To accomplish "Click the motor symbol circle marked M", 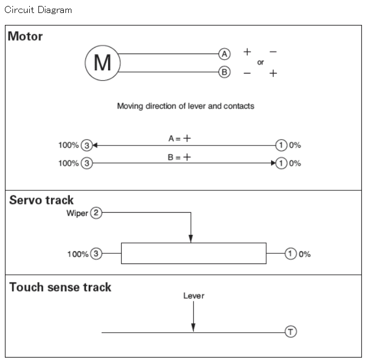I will click(x=102, y=63).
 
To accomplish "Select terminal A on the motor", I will click(x=223, y=54).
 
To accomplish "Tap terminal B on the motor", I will click(x=223, y=73).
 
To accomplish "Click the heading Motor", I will click(x=25, y=37).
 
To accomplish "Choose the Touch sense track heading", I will click(x=61, y=287).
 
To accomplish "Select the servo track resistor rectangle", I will click(x=193, y=253).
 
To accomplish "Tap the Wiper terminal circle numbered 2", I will click(x=96, y=213).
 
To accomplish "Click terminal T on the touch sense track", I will click(x=291, y=332).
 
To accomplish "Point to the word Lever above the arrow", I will click(x=194, y=296).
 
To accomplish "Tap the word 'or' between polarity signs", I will click(x=260, y=62).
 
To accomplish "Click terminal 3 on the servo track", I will click(x=96, y=253).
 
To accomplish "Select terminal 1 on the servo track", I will click(x=291, y=253).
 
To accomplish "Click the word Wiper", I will click(x=77, y=213).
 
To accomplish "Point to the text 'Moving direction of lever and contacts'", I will click(x=186, y=106).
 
